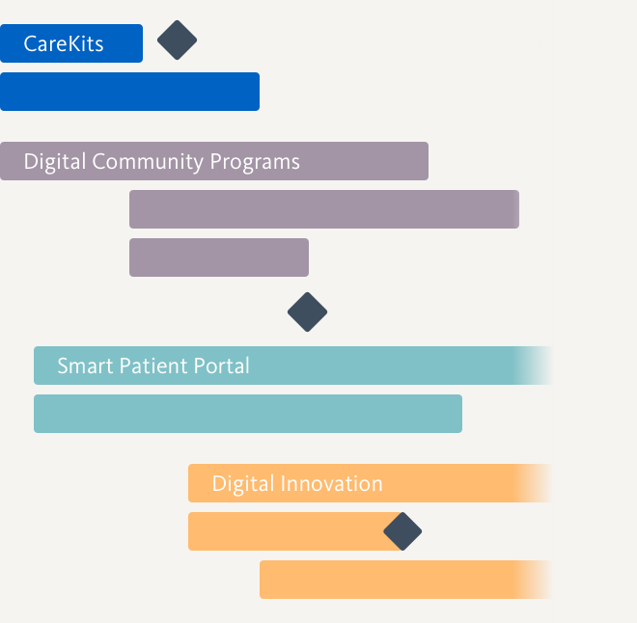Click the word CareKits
pos(64,43)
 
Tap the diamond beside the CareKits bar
pos(178,41)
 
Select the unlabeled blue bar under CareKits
pos(129,92)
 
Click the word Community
pos(148,162)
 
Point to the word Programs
pos(255,162)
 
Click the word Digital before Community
pos(55,162)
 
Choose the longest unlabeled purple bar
pos(324,209)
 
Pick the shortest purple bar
pos(219,257)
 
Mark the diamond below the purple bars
pos(307,311)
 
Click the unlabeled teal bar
pos(248,414)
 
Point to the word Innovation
pos(331,483)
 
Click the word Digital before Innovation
pos(243,484)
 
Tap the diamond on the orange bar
pos(402,531)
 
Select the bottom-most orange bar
pos(405,580)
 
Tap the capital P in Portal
pos(200,366)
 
